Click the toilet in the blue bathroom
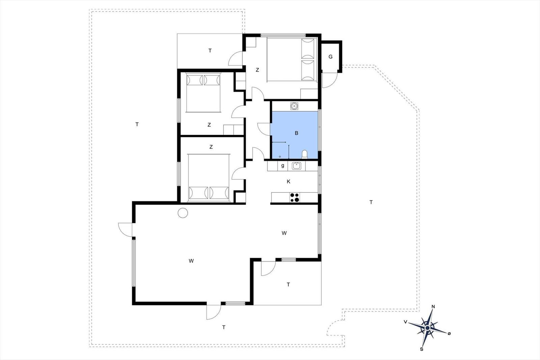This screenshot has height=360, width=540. point(305,154)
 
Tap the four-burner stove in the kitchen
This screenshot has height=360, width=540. point(295,197)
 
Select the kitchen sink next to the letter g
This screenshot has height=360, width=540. point(296,166)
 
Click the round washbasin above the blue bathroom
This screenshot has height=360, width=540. point(294,106)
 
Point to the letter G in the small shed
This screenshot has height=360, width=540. point(330,57)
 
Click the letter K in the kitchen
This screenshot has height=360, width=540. point(288,182)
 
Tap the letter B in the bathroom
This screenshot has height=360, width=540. point(297,133)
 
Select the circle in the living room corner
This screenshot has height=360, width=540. point(183,213)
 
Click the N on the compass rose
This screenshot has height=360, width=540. point(433,306)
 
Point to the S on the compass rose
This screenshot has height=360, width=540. point(422,349)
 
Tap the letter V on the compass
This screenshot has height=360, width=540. point(405,322)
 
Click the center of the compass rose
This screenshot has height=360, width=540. point(427,328)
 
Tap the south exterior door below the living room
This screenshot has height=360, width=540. point(214,312)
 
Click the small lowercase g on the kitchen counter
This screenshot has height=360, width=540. point(282,166)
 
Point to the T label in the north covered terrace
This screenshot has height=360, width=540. point(210,51)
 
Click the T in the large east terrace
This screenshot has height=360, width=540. point(371,202)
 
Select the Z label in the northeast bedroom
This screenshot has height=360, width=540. point(257,70)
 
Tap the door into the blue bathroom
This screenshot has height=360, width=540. point(264,129)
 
